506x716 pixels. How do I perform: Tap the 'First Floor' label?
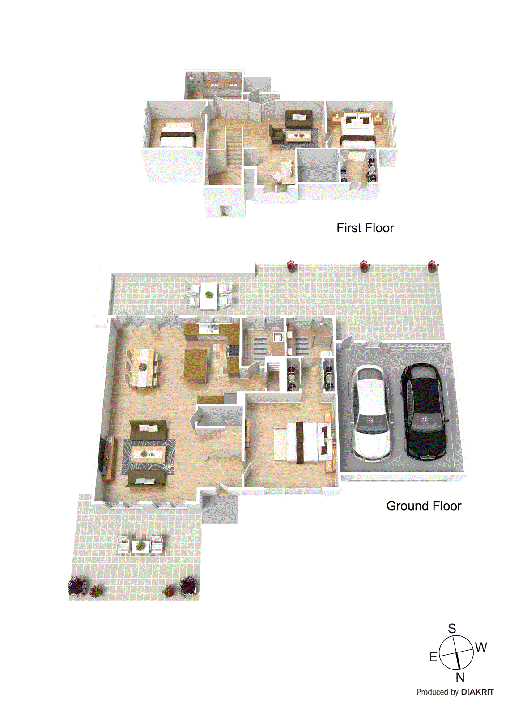tap(365, 228)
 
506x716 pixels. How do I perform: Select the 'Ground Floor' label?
tap(424, 506)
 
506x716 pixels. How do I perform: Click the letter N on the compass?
tap(460, 677)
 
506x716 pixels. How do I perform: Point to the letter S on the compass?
tap(452, 628)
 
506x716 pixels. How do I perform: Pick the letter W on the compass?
tap(481, 647)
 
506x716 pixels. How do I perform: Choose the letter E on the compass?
tap(433, 657)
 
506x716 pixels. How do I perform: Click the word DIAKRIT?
tap(477, 692)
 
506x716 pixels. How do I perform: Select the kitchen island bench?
tap(196, 365)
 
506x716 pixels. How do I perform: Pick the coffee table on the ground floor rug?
tap(148, 454)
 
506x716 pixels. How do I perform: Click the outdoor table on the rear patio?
tap(208, 295)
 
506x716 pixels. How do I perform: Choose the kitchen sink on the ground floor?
tap(211, 329)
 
